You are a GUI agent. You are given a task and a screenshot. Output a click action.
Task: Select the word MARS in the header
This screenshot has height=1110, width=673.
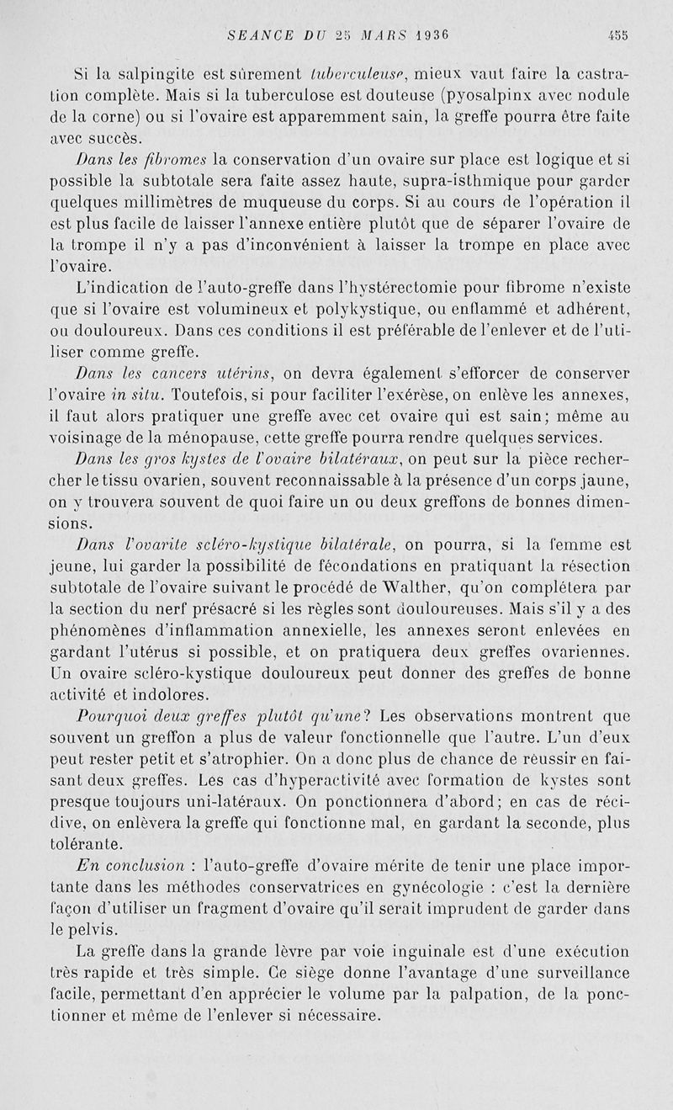tap(362, 35)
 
